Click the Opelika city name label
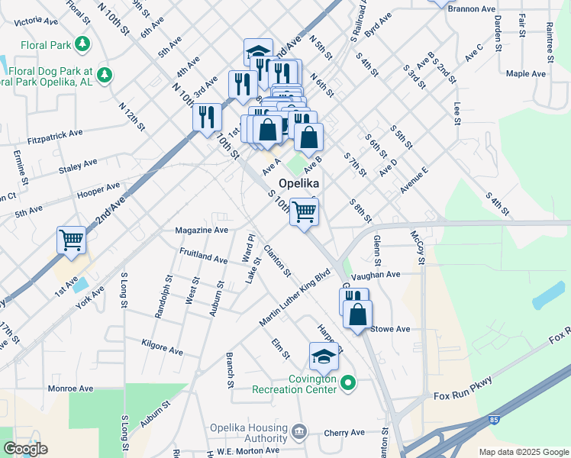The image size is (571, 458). pyautogui.click(x=298, y=184)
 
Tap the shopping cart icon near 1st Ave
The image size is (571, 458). pyautogui.click(x=72, y=240)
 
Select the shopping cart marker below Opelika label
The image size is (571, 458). pyautogui.click(x=304, y=211)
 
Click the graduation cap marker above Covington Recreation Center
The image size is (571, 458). pyautogui.click(x=324, y=356)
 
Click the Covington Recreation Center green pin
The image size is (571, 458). pyautogui.click(x=348, y=382)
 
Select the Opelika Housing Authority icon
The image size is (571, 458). pyautogui.click(x=298, y=432)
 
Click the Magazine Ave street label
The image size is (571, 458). pyautogui.click(x=202, y=230)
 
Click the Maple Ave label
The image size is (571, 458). pyautogui.click(x=526, y=74)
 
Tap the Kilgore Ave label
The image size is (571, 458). pyautogui.click(x=162, y=347)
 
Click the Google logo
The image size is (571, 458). pyautogui.click(x=25, y=449)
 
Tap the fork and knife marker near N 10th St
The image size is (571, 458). pyautogui.click(x=207, y=118)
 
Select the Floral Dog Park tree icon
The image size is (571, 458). pyautogui.click(x=105, y=74)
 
